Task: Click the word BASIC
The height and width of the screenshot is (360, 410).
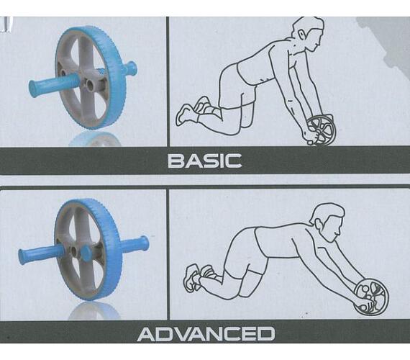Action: (204, 161)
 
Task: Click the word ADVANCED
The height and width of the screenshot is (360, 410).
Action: (206, 333)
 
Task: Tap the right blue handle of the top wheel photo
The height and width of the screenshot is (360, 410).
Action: (129, 69)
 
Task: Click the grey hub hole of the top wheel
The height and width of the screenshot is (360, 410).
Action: (90, 84)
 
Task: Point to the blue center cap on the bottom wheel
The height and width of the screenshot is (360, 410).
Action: (86, 253)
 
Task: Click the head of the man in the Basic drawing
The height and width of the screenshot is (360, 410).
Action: (309, 34)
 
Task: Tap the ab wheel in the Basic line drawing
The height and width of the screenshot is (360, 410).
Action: (321, 131)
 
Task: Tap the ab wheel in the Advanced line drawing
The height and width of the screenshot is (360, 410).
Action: (371, 296)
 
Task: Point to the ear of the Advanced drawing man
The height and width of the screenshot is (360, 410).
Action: (319, 223)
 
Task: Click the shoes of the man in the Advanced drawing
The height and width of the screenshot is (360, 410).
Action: (199, 276)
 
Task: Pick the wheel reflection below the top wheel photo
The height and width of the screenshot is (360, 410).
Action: (95, 139)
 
